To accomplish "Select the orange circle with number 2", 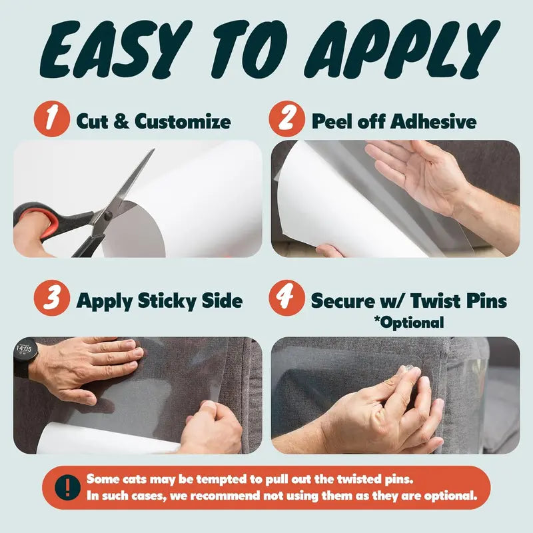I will (286, 121).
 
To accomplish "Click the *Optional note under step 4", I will (408, 322).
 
